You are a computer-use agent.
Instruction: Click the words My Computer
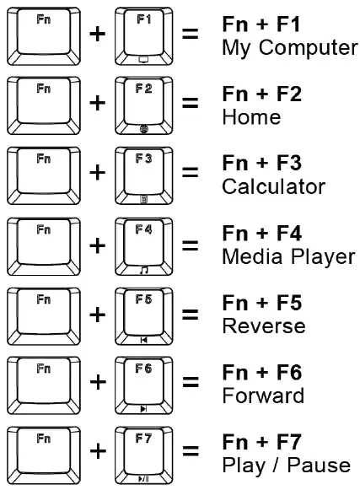(x=289, y=48)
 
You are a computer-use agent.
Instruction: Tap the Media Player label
(x=287, y=257)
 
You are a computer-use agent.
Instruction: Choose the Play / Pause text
(x=285, y=466)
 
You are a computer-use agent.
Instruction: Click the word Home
(x=251, y=117)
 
